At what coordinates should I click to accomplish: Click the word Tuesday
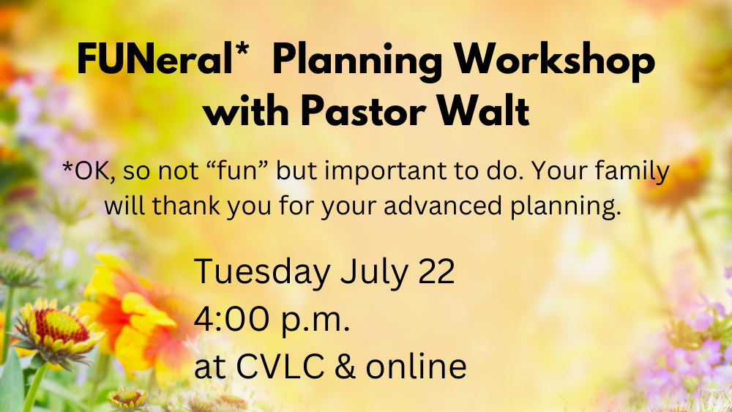(262, 271)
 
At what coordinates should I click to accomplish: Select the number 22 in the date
(436, 271)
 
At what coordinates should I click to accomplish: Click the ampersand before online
(345, 366)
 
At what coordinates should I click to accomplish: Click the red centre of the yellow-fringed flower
(61, 326)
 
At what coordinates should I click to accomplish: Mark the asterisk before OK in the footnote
(67, 167)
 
